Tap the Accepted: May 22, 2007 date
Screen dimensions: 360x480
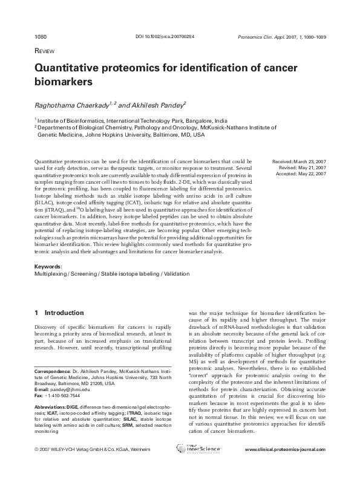[300, 174]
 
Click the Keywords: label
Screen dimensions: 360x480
[48, 266]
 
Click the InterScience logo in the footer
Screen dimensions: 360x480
[198, 465]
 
